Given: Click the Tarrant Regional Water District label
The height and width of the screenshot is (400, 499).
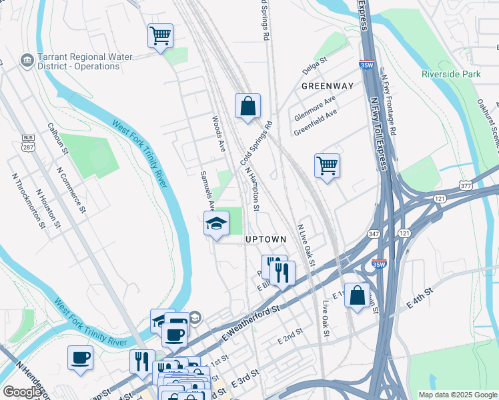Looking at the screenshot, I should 70,61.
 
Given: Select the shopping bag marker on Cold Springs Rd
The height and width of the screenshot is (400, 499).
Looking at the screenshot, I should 247,105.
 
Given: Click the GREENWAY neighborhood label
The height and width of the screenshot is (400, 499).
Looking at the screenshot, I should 327,86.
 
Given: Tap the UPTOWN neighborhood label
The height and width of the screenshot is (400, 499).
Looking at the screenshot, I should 266,239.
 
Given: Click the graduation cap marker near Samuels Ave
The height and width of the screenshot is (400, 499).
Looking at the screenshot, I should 216,223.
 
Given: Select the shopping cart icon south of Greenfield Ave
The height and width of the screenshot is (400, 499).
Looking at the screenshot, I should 327,165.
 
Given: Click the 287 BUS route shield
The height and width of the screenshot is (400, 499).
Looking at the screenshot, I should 28,143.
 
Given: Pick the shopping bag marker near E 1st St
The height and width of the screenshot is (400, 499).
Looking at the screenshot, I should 357,295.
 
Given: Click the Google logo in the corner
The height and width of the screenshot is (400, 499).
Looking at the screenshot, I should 22,392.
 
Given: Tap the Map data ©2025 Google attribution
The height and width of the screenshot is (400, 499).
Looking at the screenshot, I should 458,395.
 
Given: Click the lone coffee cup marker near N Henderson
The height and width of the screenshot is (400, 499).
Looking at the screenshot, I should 80,357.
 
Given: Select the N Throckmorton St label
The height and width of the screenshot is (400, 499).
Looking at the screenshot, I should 29,200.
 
